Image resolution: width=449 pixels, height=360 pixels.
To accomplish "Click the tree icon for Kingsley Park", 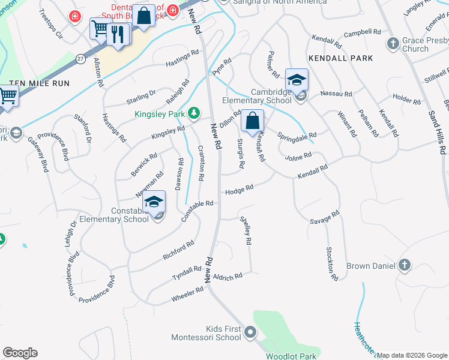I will (x=193, y=112).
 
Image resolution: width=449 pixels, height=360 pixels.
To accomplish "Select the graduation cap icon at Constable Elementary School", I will (x=154, y=203).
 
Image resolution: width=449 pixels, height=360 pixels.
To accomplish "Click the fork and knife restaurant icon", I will (x=118, y=35).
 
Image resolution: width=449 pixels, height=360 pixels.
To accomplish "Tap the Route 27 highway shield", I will (x=80, y=58).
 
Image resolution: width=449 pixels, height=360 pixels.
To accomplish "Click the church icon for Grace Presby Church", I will (x=393, y=43).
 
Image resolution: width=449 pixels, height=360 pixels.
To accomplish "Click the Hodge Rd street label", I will (x=239, y=190).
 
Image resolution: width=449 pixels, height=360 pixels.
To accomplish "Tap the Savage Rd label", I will (x=325, y=217).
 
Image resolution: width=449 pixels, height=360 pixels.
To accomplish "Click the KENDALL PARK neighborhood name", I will (x=340, y=58).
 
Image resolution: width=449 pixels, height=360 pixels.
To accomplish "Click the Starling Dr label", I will (x=140, y=97).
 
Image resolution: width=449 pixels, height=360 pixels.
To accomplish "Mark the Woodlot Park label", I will (x=291, y=356).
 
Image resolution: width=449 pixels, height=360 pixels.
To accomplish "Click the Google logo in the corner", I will (x=20, y=353).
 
